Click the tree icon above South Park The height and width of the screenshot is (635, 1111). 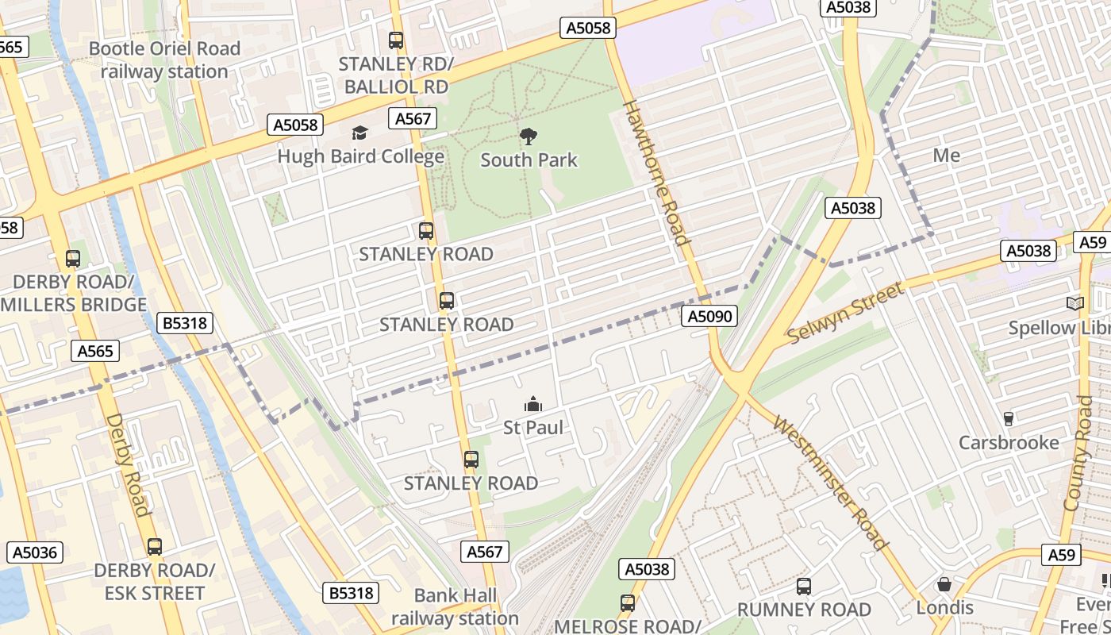(x=528, y=137)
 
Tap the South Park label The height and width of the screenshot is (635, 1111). (x=529, y=160)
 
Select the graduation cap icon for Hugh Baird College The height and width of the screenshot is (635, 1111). (x=360, y=133)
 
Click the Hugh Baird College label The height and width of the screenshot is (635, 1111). (x=360, y=156)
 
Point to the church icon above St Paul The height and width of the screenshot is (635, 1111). (x=533, y=404)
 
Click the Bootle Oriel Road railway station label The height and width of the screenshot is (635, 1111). (x=164, y=60)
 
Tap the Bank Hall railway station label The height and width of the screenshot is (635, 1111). (x=455, y=607)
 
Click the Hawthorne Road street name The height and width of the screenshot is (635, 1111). (x=655, y=172)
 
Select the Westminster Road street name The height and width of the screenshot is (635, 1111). (x=830, y=483)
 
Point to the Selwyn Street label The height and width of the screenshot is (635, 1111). (x=846, y=314)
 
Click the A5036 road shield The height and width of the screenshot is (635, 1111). (x=36, y=552)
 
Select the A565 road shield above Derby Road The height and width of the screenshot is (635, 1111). (x=94, y=351)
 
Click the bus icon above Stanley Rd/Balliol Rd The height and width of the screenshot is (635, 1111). (x=396, y=40)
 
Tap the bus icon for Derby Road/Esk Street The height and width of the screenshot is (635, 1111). (x=155, y=547)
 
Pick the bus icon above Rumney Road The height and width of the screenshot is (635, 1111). (x=804, y=587)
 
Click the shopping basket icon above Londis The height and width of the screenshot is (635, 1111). (x=944, y=584)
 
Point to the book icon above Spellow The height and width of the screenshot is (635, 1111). (x=1075, y=304)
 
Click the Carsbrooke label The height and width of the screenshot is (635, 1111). (x=1009, y=443)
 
